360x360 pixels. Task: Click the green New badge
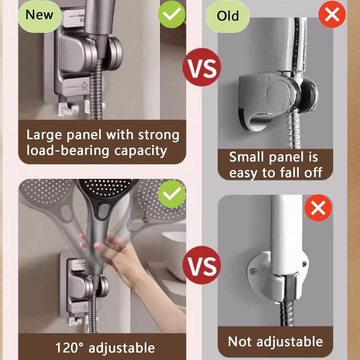coord(40,15)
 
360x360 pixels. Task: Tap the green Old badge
coord(227,16)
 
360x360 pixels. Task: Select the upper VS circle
coord(202,67)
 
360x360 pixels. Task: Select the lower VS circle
coord(202,265)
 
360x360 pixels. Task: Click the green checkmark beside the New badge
coord(171,14)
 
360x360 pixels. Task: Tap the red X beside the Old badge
coord(332,14)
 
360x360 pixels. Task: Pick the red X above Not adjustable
coord(318,208)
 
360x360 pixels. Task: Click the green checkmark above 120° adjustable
coord(172,194)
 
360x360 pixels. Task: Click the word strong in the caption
coord(159,135)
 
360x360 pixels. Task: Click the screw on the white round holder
coord(253,272)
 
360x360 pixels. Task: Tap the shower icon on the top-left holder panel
coord(85,87)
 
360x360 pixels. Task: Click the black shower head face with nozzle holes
coord(106,187)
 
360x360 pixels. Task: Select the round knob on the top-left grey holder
coord(115,54)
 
